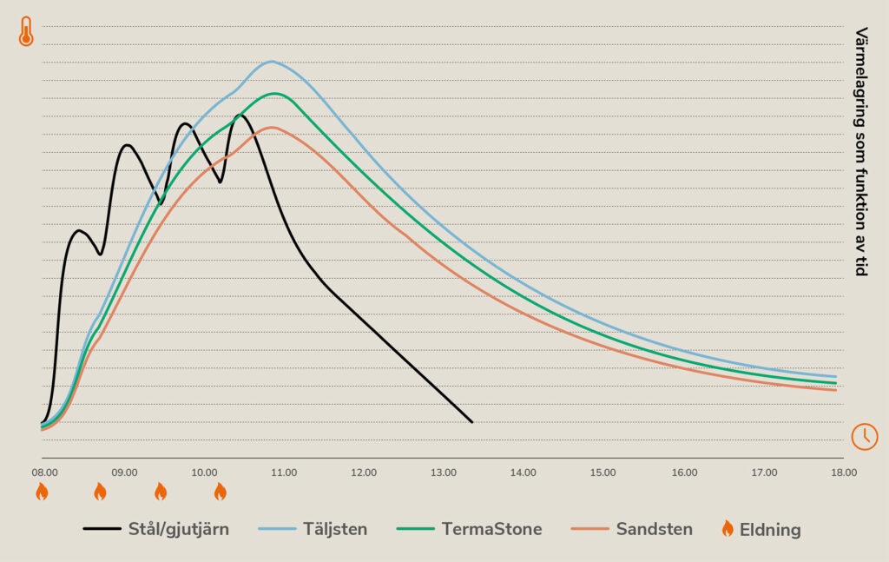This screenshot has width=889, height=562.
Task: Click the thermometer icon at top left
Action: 26,31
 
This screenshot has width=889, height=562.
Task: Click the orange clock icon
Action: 864,436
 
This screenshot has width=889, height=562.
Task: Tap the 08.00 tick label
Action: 45,473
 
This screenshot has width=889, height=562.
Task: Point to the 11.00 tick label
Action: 284,473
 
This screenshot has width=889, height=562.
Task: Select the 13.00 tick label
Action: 444,473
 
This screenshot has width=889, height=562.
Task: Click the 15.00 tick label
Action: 603,473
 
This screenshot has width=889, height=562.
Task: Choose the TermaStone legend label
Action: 491,529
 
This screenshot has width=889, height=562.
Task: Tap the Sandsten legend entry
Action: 654,529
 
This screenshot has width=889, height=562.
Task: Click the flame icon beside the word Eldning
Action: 728,528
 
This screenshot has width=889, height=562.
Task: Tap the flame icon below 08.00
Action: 42,493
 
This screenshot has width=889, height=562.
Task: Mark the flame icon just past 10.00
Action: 220,493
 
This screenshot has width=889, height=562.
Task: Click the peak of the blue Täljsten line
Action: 272,61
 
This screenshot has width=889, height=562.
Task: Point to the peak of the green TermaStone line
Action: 274,93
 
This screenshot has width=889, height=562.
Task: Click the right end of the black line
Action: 471,422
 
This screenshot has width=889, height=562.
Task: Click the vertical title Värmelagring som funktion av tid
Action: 861,152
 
